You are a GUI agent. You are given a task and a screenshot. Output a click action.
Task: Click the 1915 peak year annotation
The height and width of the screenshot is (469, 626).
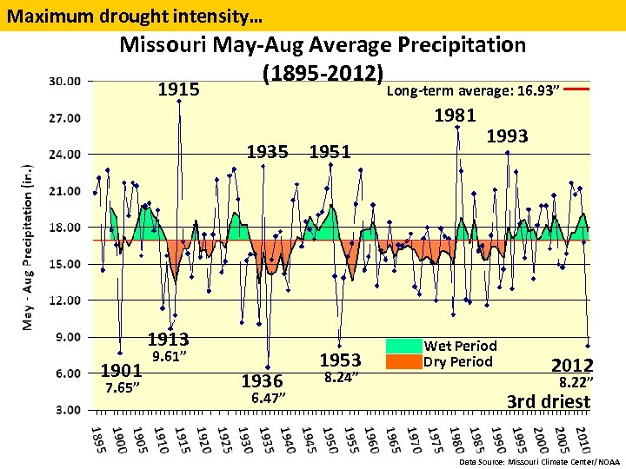click(x=178, y=89)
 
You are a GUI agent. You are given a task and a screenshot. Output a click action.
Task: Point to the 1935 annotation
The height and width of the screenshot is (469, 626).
click(x=267, y=152)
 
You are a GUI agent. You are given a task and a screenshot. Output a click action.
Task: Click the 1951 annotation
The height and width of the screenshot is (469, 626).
click(x=330, y=152)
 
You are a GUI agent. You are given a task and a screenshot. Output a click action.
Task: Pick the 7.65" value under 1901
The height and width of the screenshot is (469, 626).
click(x=122, y=387)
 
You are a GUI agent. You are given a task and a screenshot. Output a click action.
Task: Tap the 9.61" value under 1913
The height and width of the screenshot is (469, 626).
click(x=170, y=356)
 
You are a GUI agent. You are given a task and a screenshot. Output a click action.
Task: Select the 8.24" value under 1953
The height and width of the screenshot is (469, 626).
click(x=342, y=377)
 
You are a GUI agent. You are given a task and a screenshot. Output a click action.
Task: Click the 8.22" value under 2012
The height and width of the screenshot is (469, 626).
click(x=576, y=381)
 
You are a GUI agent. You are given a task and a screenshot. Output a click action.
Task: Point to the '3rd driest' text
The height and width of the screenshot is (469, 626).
click(x=549, y=401)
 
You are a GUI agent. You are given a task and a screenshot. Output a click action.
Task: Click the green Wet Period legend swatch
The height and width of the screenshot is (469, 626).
click(x=403, y=346)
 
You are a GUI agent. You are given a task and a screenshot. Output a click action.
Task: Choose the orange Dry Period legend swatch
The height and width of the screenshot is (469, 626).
click(x=403, y=361)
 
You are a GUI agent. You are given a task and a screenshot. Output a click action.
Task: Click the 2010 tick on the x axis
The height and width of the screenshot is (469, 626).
click(x=583, y=438)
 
